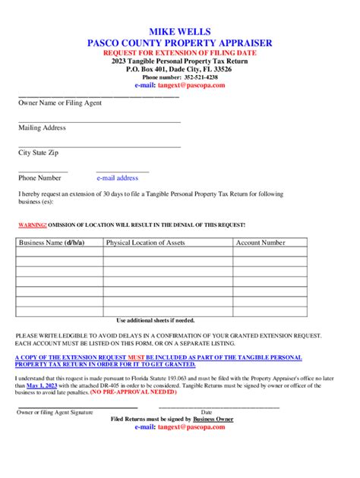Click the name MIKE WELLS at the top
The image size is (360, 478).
[x=180, y=33]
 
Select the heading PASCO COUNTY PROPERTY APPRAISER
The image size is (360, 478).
[x=180, y=43]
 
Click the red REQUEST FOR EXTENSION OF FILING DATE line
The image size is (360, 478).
[x=180, y=53]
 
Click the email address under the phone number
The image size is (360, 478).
[x=191, y=86]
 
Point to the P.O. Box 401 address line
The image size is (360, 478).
[x=180, y=69]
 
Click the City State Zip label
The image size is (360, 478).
[x=39, y=153]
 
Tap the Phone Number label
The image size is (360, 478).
[x=39, y=178]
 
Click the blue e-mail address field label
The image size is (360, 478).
[x=117, y=178]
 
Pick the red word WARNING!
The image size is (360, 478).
[x=33, y=225]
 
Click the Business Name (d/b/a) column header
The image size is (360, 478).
[x=52, y=243]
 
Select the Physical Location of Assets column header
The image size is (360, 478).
[x=146, y=243]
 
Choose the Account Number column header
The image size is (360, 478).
[x=261, y=243]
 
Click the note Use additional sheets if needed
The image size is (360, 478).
[x=155, y=320]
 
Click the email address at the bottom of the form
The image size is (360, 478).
[x=180, y=427]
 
